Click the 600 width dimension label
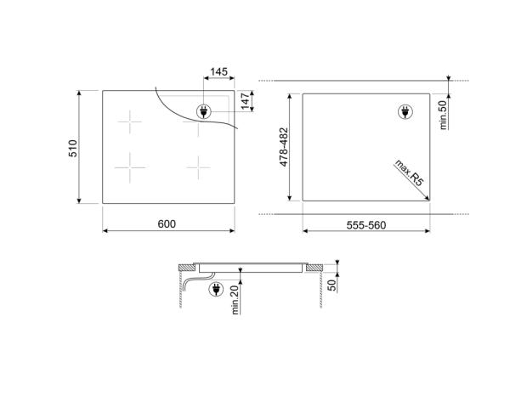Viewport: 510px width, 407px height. click(167, 223)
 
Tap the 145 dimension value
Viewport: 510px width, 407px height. click(218, 73)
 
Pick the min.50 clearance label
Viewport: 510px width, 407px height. click(443, 114)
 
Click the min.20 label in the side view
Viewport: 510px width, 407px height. click(235, 299)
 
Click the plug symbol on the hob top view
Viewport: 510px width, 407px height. click(204, 110)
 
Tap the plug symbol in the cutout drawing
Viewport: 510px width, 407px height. click(405, 111)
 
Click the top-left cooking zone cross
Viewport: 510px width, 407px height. click(129, 124)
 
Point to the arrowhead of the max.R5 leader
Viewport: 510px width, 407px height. click(425, 198)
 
